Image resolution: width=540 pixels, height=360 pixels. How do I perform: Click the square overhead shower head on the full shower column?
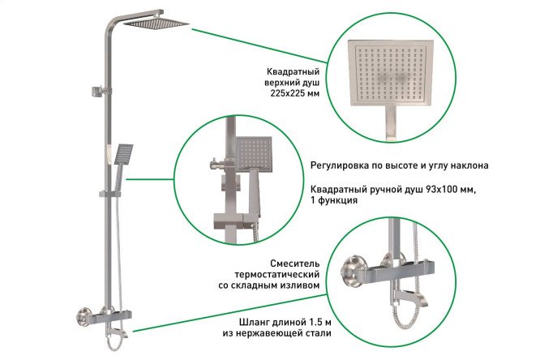click(x=156, y=23)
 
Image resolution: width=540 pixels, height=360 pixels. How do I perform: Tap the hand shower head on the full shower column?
click(x=123, y=153)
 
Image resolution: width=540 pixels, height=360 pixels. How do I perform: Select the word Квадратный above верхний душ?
click(x=293, y=71)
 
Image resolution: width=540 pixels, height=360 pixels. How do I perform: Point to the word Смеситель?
click(x=294, y=264)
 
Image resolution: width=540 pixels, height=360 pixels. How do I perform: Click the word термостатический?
click(x=276, y=275)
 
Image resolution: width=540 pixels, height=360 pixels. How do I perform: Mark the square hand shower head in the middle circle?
click(x=254, y=154)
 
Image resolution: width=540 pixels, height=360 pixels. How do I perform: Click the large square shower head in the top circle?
click(x=391, y=73)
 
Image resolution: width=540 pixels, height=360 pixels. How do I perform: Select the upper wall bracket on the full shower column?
click(x=101, y=92)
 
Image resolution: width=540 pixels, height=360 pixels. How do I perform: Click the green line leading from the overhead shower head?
click(x=259, y=46)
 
